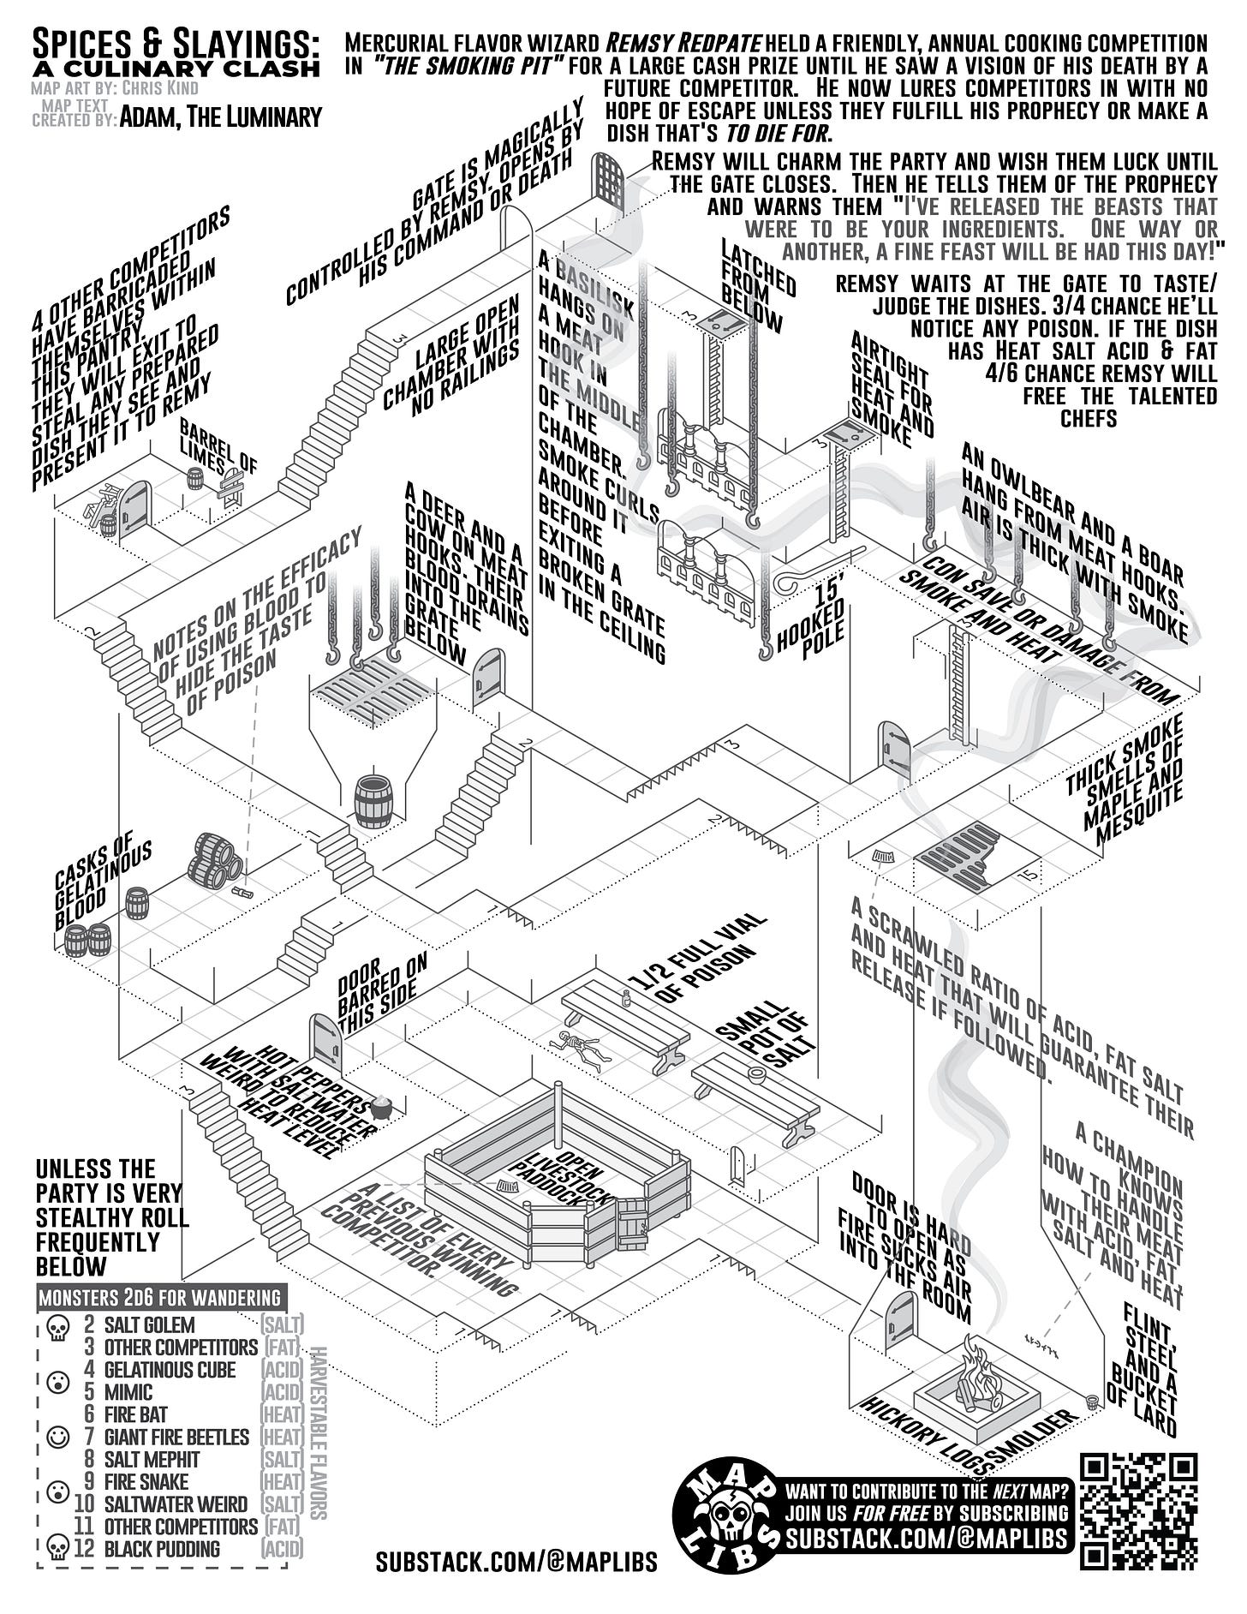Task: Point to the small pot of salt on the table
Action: [756, 1073]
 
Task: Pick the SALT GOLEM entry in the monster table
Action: [149, 1324]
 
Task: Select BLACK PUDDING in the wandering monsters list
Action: [162, 1549]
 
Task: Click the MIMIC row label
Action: [128, 1391]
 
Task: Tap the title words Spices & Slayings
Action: [176, 43]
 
